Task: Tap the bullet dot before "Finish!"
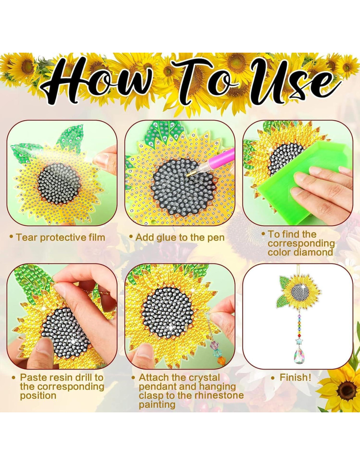point(273,378)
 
